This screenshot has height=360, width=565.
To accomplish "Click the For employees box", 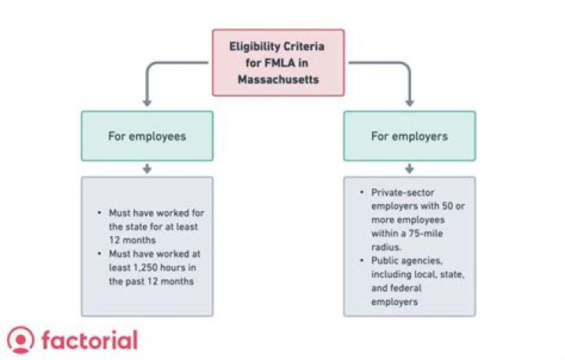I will (x=147, y=136).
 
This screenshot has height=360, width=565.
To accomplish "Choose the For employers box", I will (x=409, y=136).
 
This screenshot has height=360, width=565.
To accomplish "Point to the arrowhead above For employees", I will (x=147, y=102).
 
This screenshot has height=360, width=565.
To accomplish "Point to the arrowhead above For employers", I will (x=409, y=102).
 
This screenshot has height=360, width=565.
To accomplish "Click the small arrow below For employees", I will (x=147, y=169).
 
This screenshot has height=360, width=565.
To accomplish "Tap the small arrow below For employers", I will (x=409, y=169).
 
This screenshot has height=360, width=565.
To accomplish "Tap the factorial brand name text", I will (x=88, y=340).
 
